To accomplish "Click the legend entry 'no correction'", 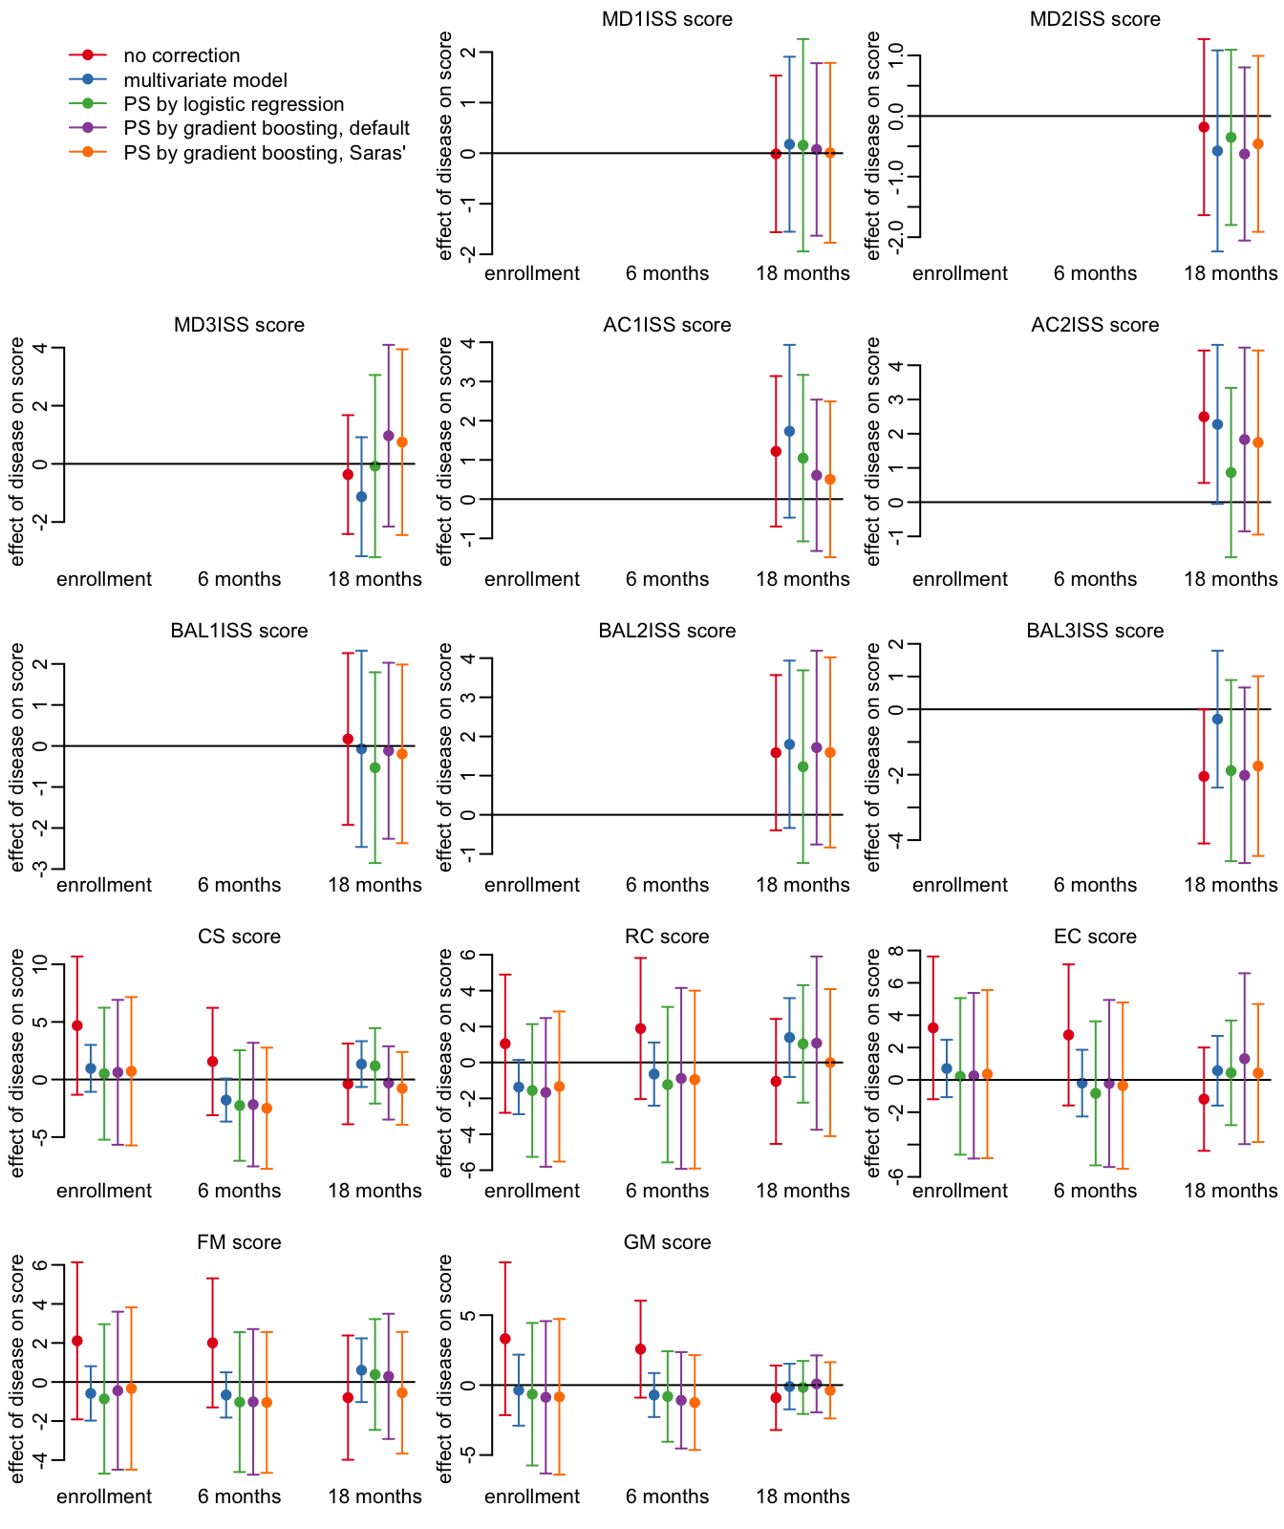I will point(182,56).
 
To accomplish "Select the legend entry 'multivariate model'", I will point(205,80).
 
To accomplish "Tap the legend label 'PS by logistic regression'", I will point(234,104).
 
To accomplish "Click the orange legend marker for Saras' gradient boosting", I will point(88,152).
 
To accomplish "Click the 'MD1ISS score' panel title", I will point(667,19).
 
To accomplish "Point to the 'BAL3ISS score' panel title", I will point(1095,631).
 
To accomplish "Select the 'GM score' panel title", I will point(667,1242).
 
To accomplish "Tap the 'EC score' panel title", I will point(1095,937).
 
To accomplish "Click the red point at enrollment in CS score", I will point(77,1025).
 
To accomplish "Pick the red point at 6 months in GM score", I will point(641,1349).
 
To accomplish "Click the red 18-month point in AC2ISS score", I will point(1204,417).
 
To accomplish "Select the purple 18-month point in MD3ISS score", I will point(389,436).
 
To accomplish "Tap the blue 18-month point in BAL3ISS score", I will point(1217,719).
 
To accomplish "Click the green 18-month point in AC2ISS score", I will point(1231,472).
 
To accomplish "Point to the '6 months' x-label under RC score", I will point(667,1191).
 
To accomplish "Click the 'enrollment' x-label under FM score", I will point(104,1497).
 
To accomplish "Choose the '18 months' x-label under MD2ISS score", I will point(1230,273).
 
